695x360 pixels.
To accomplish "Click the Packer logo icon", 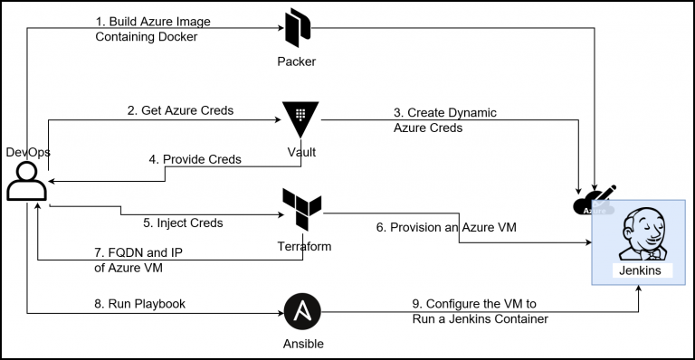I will tap(298, 28).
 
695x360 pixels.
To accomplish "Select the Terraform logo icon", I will tap(300, 210).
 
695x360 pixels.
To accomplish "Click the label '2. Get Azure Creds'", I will tap(180, 110).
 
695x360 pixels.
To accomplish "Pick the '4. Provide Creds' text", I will tap(195, 159).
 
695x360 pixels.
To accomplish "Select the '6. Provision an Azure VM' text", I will tap(446, 227).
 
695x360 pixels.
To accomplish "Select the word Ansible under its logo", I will tap(300, 344).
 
